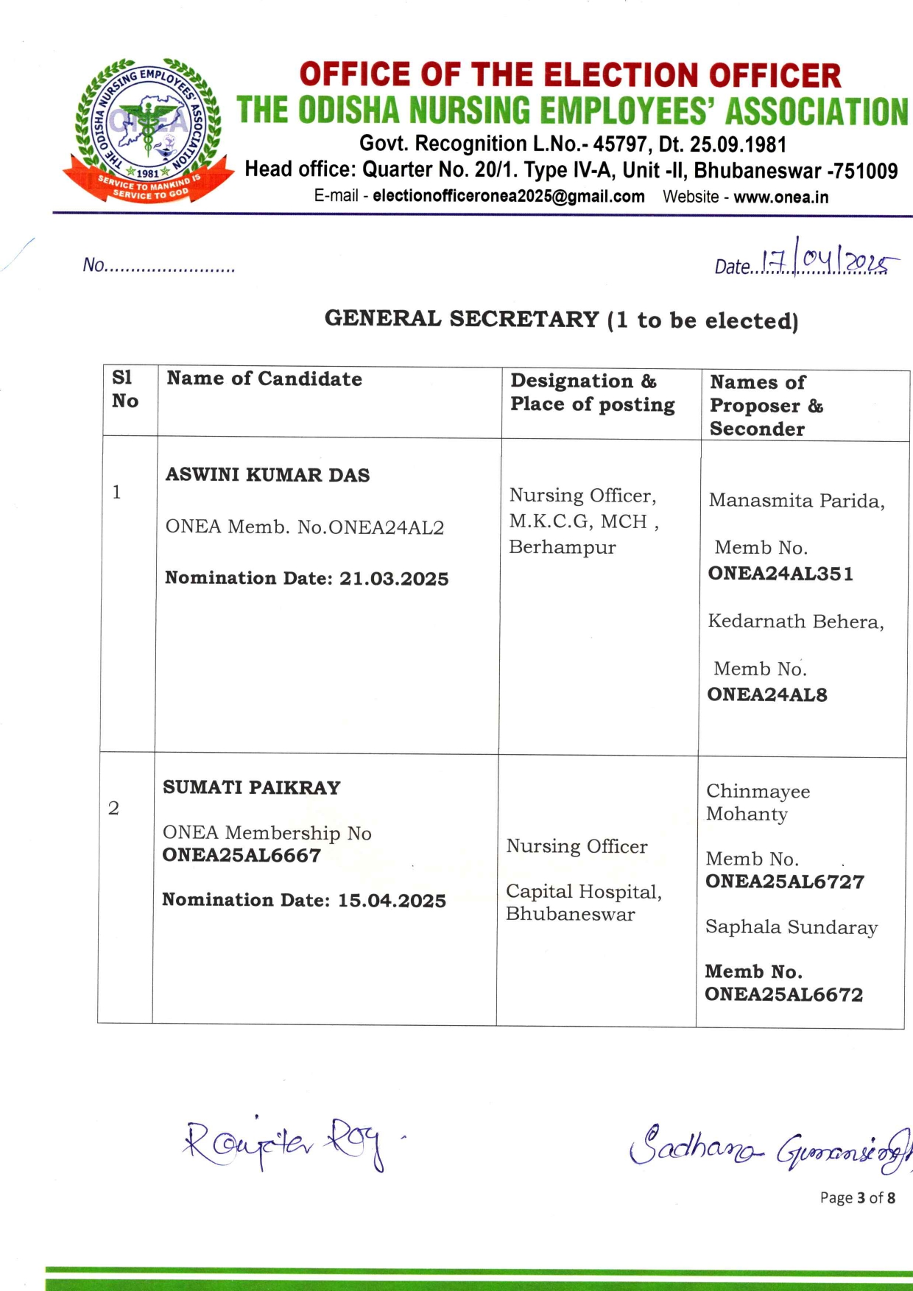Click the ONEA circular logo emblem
[147, 129]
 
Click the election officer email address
[508, 197]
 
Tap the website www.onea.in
[780, 197]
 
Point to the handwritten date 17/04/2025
[825, 261]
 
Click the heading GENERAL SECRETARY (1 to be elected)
[561, 320]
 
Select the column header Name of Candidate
[264, 379]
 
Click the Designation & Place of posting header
[592, 393]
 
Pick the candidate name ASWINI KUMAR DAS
[267, 475]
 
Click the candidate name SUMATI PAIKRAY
[251, 787]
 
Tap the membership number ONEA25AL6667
[242, 855]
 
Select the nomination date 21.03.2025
[393, 579]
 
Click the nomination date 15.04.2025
[392, 901]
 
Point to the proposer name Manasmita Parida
[796, 501]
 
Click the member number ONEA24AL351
[780, 574]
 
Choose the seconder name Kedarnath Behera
[795, 622]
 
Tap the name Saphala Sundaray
[791, 927]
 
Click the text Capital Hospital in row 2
[583, 892]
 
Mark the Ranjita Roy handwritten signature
[283, 1143]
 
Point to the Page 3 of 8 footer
[857, 1197]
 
